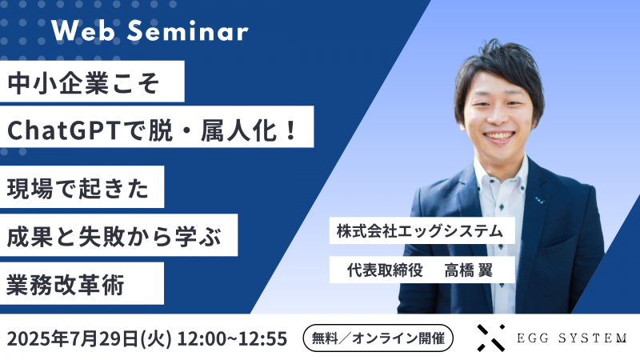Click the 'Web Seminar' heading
point(150,32)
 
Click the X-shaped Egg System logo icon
point(490,338)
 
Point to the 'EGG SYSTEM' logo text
point(571,338)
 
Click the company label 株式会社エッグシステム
point(420,232)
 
